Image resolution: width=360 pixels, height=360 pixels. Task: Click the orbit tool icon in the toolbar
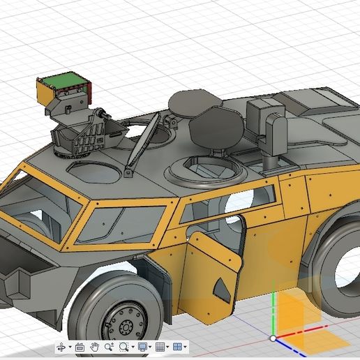61,347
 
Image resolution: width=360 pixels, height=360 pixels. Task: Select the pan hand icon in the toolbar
94,347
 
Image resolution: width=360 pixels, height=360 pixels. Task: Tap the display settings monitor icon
142,347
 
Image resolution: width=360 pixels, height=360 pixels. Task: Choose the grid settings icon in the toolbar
160,347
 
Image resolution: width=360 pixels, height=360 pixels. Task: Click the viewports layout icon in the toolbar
177,347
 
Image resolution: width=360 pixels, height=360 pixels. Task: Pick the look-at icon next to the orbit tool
80,347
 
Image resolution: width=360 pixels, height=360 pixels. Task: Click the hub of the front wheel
126,327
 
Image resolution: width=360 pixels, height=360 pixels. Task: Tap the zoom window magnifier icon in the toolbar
125,347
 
